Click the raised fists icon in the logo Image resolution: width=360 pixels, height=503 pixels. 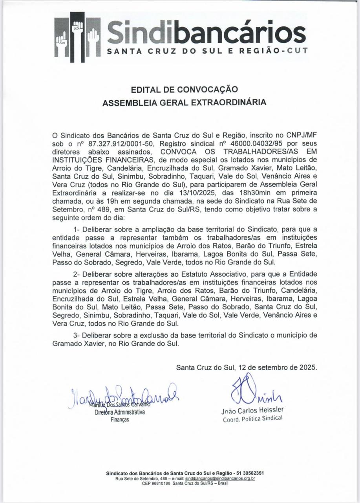[x=78, y=37]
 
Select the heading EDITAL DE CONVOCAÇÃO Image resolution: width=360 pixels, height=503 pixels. [x=184, y=90]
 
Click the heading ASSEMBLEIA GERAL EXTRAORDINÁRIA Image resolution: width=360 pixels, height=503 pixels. [x=184, y=103]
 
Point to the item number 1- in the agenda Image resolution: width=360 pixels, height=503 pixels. [x=77, y=229]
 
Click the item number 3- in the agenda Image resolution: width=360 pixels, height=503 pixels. [x=77, y=335]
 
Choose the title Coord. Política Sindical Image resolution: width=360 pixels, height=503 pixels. [x=252, y=419]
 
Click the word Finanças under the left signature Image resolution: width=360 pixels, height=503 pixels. [x=120, y=420]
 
